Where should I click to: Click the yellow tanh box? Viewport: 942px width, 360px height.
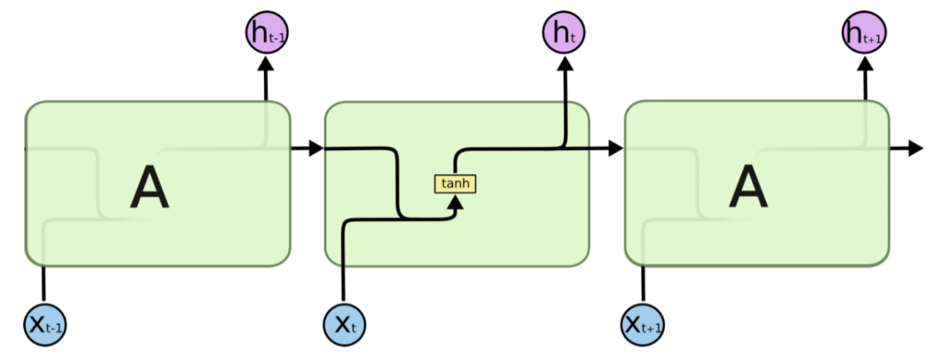[x=456, y=184]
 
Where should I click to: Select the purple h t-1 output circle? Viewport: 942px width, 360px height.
[x=266, y=33]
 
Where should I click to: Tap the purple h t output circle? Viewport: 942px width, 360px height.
[x=564, y=32]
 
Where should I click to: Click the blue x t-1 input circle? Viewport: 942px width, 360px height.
[x=44, y=325]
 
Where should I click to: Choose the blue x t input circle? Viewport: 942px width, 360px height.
[x=343, y=325]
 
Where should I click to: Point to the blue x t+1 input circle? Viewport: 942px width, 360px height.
[x=643, y=325]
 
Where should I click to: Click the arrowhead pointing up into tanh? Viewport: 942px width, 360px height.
[x=456, y=202]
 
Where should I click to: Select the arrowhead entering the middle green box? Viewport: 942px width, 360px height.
[x=316, y=148]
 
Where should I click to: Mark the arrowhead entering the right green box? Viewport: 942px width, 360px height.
[x=615, y=148]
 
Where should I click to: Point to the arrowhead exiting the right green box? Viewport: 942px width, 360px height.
[x=914, y=148]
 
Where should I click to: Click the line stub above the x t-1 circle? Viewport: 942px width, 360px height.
[x=44, y=285]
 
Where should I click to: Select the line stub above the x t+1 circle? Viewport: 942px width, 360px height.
[x=643, y=285]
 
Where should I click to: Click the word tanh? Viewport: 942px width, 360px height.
[x=456, y=184]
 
